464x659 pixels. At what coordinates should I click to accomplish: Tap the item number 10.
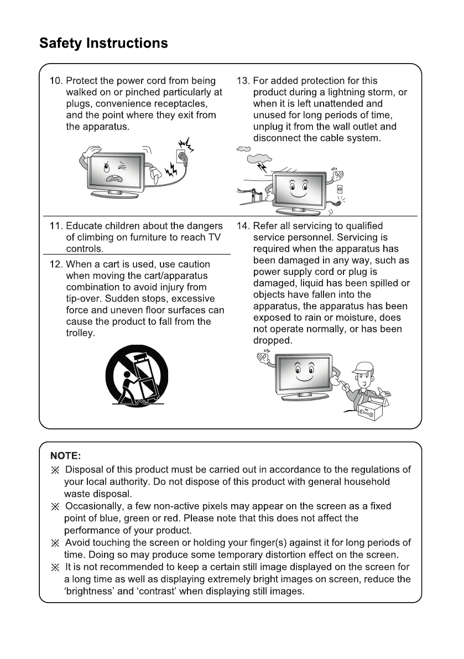click(x=56, y=81)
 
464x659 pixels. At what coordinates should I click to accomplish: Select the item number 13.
click(x=243, y=81)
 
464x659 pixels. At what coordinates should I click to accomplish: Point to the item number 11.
click(x=56, y=226)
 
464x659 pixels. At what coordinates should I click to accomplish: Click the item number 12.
click(x=56, y=264)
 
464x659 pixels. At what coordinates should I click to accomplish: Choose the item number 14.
click(x=243, y=226)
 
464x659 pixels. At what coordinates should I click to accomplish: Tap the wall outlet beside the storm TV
click(x=339, y=189)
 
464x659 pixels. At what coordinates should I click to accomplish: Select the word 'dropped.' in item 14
click(x=272, y=341)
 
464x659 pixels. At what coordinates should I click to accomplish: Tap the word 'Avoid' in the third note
click(x=78, y=543)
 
